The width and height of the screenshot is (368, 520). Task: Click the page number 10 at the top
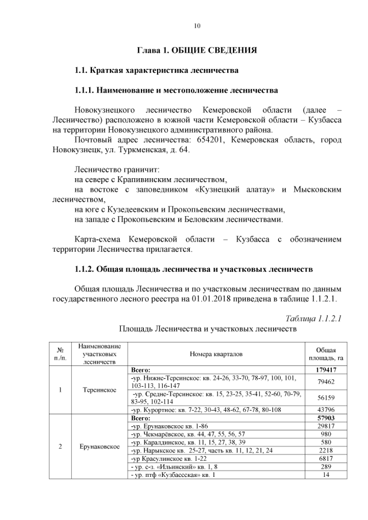(x=197, y=26)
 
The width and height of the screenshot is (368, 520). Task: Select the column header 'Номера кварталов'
(x=216, y=354)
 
